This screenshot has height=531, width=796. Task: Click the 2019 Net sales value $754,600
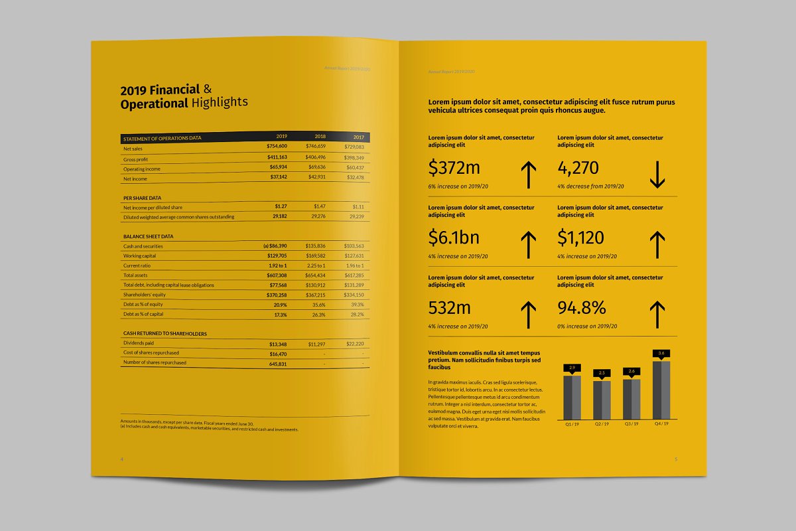pos(277,146)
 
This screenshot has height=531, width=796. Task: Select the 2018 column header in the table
pos(320,136)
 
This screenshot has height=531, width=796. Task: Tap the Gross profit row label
pos(135,159)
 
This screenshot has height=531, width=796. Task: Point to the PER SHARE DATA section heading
pos(142,198)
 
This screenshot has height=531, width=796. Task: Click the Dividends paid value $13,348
pos(278,344)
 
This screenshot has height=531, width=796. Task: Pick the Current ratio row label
pos(136,265)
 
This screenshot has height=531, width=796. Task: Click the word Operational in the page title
pos(154,104)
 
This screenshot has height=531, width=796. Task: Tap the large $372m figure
pos(454,168)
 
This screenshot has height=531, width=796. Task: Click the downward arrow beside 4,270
pos(657,174)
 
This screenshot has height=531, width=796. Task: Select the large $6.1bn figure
pos(454,238)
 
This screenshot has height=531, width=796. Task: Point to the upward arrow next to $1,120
pos(657,244)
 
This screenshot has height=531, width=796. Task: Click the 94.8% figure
pos(582,308)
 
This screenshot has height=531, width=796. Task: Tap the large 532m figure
pos(450,308)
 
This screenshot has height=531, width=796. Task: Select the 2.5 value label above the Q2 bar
pos(602,373)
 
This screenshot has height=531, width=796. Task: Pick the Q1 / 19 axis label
pos(572,423)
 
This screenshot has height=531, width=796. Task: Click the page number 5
pos(676,459)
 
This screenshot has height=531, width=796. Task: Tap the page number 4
pos(121,459)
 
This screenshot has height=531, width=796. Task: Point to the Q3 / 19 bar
pos(631,398)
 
